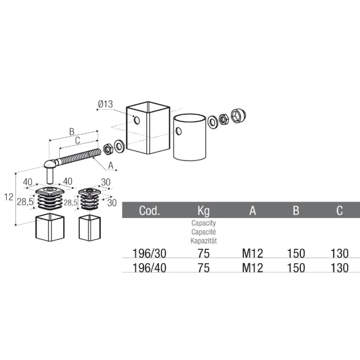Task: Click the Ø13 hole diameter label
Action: (x=105, y=104)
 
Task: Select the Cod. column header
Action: (x=149, y=210)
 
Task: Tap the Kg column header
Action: (x=204, y=211)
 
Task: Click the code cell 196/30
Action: (x=149, y=253)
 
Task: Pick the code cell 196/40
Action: (x=149, y=268)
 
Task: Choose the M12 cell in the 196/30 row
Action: (x=253, y=253)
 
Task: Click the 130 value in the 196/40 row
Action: (x=339, y=268)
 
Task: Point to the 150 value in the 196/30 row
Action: (x=296, y=253)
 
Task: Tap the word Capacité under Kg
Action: (x=204, y=232)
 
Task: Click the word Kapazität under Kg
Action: (x=204, y=241)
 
